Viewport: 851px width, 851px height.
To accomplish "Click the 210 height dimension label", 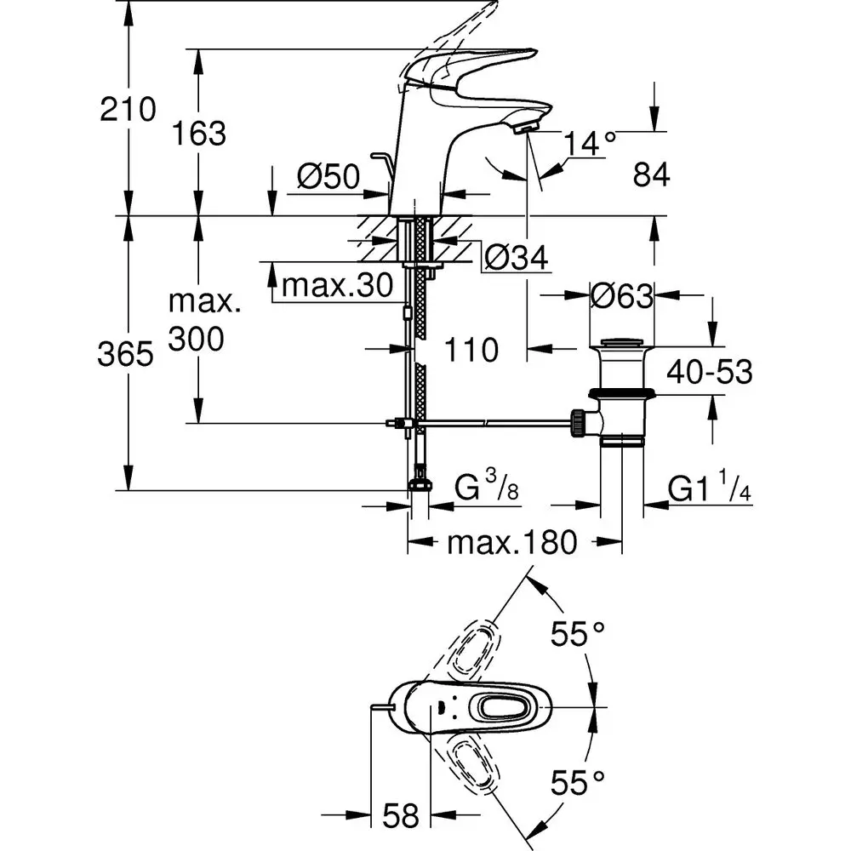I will click(129, 109).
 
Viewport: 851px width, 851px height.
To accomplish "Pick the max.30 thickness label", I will click(337, 286).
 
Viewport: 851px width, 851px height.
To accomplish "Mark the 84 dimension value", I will click(652, 175).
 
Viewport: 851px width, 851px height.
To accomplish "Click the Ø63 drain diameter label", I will click(621, 296).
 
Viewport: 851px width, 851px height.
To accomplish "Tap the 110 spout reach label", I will click(471, 348).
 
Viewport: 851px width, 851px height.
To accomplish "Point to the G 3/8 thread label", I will click(486, 489).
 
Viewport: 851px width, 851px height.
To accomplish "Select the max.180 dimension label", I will click(514, 542).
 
